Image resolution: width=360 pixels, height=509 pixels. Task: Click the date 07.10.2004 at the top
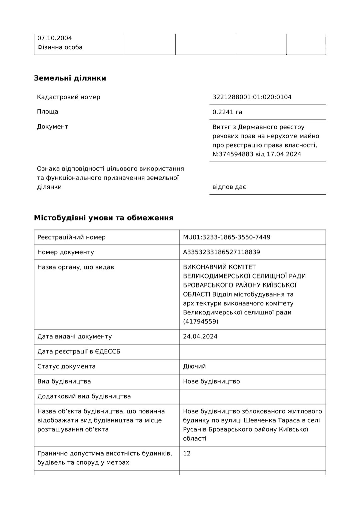[55, 38]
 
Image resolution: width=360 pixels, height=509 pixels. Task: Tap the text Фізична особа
[60, 47]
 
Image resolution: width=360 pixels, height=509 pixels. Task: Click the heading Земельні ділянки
[70, 78]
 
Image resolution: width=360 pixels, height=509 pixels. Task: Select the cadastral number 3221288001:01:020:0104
[252, 97]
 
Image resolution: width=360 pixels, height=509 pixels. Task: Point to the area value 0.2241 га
[227, 112]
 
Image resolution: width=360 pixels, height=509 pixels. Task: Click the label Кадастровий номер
[69, 97]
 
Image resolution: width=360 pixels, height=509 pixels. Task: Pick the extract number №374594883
[233, 154]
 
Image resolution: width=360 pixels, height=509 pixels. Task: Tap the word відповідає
[229, 187]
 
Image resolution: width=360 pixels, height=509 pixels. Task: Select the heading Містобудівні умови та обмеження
[104, 218]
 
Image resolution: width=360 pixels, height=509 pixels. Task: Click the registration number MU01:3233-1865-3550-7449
[227, 238]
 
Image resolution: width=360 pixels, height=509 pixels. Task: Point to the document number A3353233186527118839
[221, 252]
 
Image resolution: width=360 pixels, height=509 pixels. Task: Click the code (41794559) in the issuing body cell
[201, 321]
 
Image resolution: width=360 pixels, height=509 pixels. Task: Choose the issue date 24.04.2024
[200, 336]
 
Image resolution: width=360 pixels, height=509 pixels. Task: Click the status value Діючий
[194, 366]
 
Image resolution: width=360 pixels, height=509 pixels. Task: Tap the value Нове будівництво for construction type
[211, 381]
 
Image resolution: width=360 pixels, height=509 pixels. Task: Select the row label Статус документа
[66, 366]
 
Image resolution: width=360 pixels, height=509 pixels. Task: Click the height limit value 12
[187, 453]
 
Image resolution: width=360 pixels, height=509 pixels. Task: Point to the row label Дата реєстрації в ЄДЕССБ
[79, 351]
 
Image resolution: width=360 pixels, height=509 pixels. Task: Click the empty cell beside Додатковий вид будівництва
[252, 396]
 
